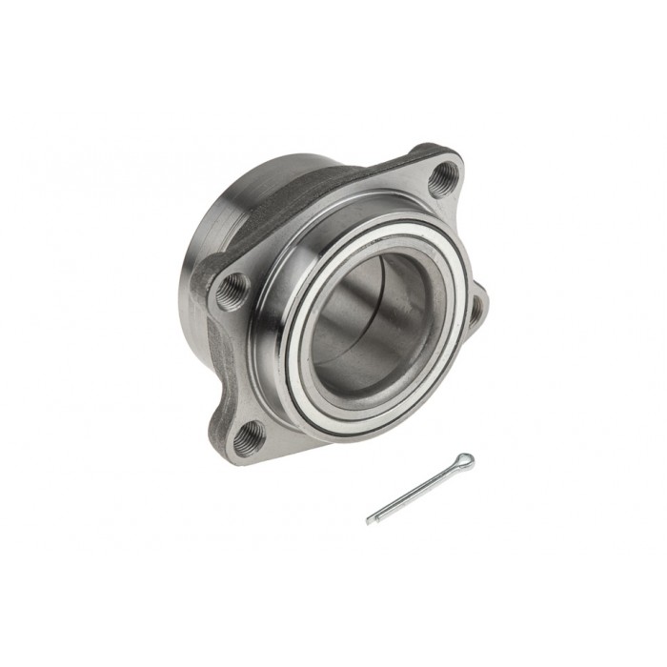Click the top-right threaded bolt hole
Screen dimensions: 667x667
(442, 178)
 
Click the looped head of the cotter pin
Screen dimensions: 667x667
(464, 462)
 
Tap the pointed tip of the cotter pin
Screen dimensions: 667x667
(370, 521)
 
